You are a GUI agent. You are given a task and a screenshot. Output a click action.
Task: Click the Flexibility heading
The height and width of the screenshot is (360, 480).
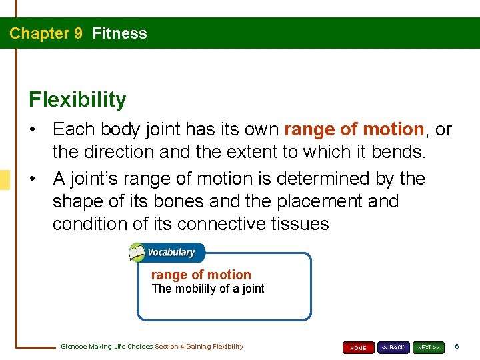pyautogui.click(x=77, y=100)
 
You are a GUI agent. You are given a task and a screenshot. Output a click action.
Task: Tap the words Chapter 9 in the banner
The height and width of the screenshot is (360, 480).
pyautogui.click(x=46, y=33)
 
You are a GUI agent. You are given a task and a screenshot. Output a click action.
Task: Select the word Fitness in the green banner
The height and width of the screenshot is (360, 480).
pyautogui.click(x=120, y=33)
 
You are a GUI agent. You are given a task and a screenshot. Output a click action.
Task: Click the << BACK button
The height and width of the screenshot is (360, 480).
pyautogui.click(x=393, y=347)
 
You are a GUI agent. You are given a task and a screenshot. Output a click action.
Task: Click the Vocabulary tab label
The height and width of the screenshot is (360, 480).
pyautogui.click(x=171, y=253)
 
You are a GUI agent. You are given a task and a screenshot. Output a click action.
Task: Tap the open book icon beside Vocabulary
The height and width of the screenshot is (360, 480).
pyautogui.click(x=137, y=253)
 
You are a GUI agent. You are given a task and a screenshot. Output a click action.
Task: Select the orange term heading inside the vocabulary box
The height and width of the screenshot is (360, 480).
pyautogui.click(x=201, y=275)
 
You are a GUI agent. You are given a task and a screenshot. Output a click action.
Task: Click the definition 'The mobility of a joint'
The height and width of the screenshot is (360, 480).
pyautogui.click(x=208, y=289)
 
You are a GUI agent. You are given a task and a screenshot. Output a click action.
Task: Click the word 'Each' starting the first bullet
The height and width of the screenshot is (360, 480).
pyautogui.click(x=72, y=129)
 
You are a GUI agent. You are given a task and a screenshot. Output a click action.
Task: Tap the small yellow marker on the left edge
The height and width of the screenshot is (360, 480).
pyautogui.click(x=5, y=179)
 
